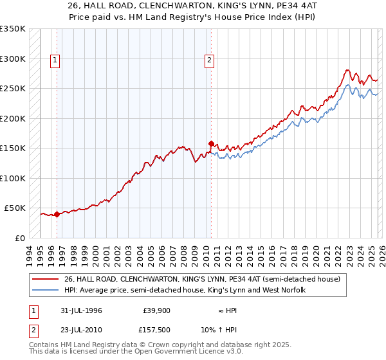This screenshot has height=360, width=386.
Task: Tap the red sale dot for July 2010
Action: [x=210, y=144]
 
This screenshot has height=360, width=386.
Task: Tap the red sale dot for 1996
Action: [x=57, y=214]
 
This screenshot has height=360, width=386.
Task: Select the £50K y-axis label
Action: [x=14, y=208]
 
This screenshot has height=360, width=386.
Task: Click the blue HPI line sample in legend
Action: [x=46, y=290]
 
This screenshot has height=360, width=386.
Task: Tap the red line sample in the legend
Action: [x=46, y=279]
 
